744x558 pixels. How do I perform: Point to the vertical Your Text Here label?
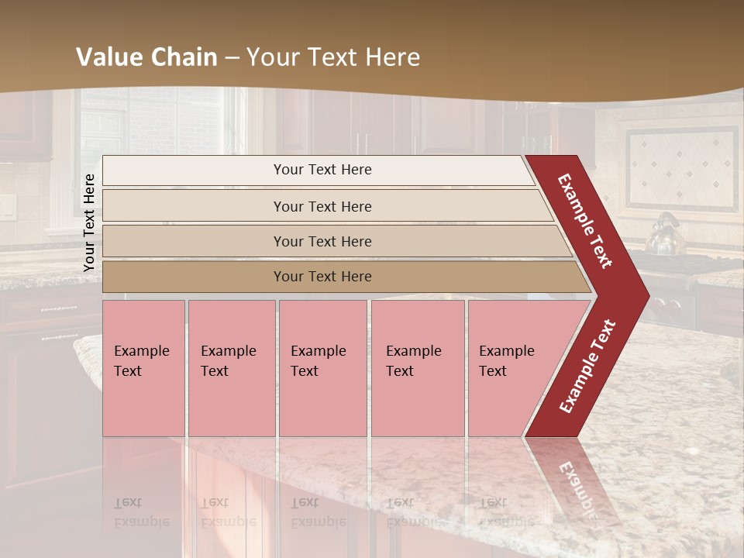pyautogui.click(x=89, y=222)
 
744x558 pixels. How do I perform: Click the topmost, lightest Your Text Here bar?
pyautogui.click(x=322, y=170)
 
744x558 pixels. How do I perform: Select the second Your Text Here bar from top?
pyautogui.click(x=322, y=206)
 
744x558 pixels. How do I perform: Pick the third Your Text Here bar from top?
pyautogui.click(x=322, y=241)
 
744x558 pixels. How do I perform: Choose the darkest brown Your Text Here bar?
pyautogui.click(x=322, y=277)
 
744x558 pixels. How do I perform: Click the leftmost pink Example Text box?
pyautogui.click(x=143, y=368)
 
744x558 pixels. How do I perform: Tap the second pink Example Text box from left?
pyautogui.click(x=231, y=368)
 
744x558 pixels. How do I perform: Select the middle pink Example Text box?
pyautogui.click(x=322, y=368)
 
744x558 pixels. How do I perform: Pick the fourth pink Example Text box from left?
pyautogui.click(x=417, y=368)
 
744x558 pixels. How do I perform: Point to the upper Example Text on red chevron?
pyautogui.click(x=585, y=221)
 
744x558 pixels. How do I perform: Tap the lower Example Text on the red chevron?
pyautogui.click(x=587, y=366)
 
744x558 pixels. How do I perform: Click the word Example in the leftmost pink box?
pyautogui.click(x=141, y=351)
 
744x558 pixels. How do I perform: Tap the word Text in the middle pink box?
pyautogui.click(x=305, y=371)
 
